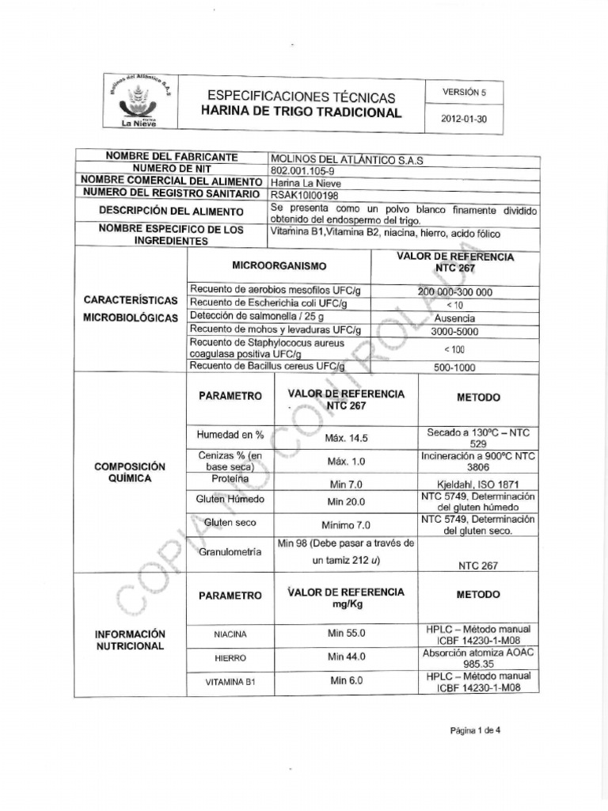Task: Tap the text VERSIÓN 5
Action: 464,92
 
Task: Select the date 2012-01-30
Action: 464,120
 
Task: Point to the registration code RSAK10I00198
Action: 304,193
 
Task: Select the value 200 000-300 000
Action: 454,291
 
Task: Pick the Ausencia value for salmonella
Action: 454,318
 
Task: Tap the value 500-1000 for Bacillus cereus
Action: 454,367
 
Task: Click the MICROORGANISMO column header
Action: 278,265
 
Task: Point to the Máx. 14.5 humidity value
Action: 347,437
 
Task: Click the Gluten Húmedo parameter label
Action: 230,500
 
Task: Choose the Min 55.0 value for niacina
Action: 347,634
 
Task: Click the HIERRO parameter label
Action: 230,658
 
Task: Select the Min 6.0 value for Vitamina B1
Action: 347,680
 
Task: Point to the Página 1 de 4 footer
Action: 475,731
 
